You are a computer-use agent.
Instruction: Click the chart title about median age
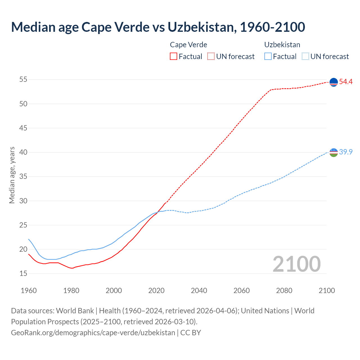(158, 27)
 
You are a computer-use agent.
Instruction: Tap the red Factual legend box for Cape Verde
(174, 56)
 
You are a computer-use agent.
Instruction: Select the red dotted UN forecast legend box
(211, 56)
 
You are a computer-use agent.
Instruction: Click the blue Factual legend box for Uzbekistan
(268, 56)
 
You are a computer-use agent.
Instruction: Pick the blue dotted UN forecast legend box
(305, 56)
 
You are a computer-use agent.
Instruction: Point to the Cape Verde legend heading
(188, 45)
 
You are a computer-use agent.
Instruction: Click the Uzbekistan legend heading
(282, 45)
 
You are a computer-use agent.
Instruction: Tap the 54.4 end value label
(346, 82)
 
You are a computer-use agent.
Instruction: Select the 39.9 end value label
(346, 152)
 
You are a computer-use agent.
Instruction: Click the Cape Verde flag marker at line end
(334, 82)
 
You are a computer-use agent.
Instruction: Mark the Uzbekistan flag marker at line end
(334, 152)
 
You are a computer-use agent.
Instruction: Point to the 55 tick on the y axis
(23, 80)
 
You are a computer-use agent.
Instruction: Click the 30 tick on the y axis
(23, 201)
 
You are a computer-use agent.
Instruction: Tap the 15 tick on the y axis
(23, 274)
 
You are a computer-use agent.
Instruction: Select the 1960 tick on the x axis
(29, 291)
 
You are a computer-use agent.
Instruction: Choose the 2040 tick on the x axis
(199, 291)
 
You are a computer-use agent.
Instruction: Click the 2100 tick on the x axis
(327, 291)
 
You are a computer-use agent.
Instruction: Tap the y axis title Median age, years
(12, 175)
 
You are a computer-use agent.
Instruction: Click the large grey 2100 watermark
(296, 264)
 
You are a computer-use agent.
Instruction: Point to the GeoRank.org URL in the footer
(93, 333)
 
